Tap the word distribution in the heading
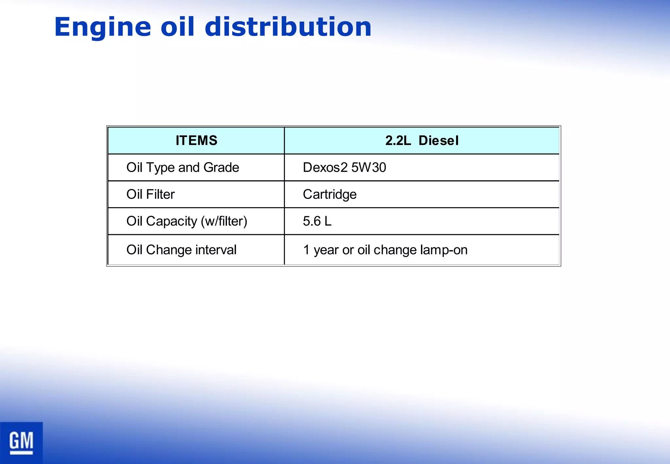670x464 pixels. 288,27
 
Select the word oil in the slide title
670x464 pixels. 177,27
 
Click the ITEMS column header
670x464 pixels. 196,141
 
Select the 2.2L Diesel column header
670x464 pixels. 422,141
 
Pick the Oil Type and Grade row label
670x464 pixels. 183,168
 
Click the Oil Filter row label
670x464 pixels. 150,194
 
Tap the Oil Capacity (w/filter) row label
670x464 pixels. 186,221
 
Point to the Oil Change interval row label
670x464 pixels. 181,250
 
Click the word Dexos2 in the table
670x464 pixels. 325,168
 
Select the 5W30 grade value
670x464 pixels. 369,168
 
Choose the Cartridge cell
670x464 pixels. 329,194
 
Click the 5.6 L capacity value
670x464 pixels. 317,221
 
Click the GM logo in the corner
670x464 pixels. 21,442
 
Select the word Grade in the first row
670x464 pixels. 221,168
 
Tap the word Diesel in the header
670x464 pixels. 438,141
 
